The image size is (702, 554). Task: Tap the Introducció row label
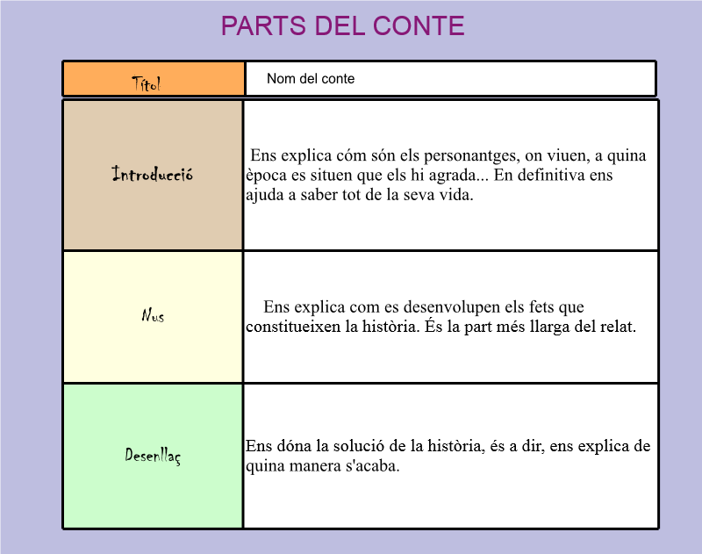click(153, 174)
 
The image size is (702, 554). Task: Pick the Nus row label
click(153, 315)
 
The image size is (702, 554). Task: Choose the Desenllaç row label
click(153, 456)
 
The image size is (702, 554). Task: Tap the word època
click(267, 176)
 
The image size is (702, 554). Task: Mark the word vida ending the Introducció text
click(455, 195)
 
